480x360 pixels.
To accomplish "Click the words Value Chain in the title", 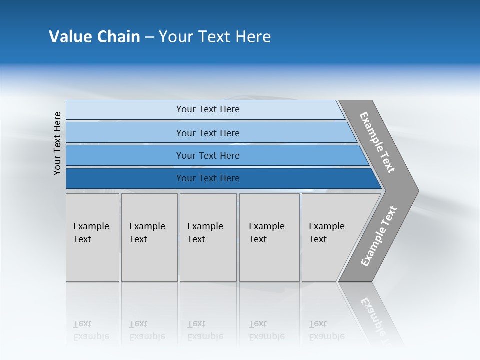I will coord(94,37).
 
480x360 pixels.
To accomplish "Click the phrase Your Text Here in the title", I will coord(215,37).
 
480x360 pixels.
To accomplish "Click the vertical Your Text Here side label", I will coord(58,143).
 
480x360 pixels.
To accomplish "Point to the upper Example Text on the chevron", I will coord(377,142).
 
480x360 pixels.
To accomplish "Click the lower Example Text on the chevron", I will coord(378,236).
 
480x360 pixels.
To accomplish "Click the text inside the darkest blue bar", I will coord(208,178).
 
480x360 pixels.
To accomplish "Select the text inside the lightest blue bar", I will coord(208,109).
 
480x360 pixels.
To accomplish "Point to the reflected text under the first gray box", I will coord(91,330).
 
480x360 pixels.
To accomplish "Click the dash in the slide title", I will coord(149,37).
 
